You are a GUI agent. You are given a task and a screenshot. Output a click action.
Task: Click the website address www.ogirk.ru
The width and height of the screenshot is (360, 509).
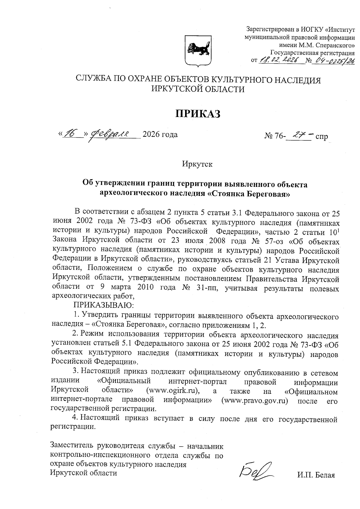tap(173, 392)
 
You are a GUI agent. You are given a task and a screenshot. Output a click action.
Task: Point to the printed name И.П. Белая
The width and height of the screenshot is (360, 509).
tap(316, 475)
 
